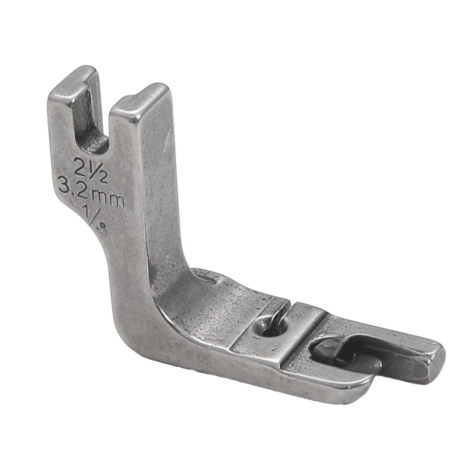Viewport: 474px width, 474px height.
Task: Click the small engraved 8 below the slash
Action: click(x=103, y=231)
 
